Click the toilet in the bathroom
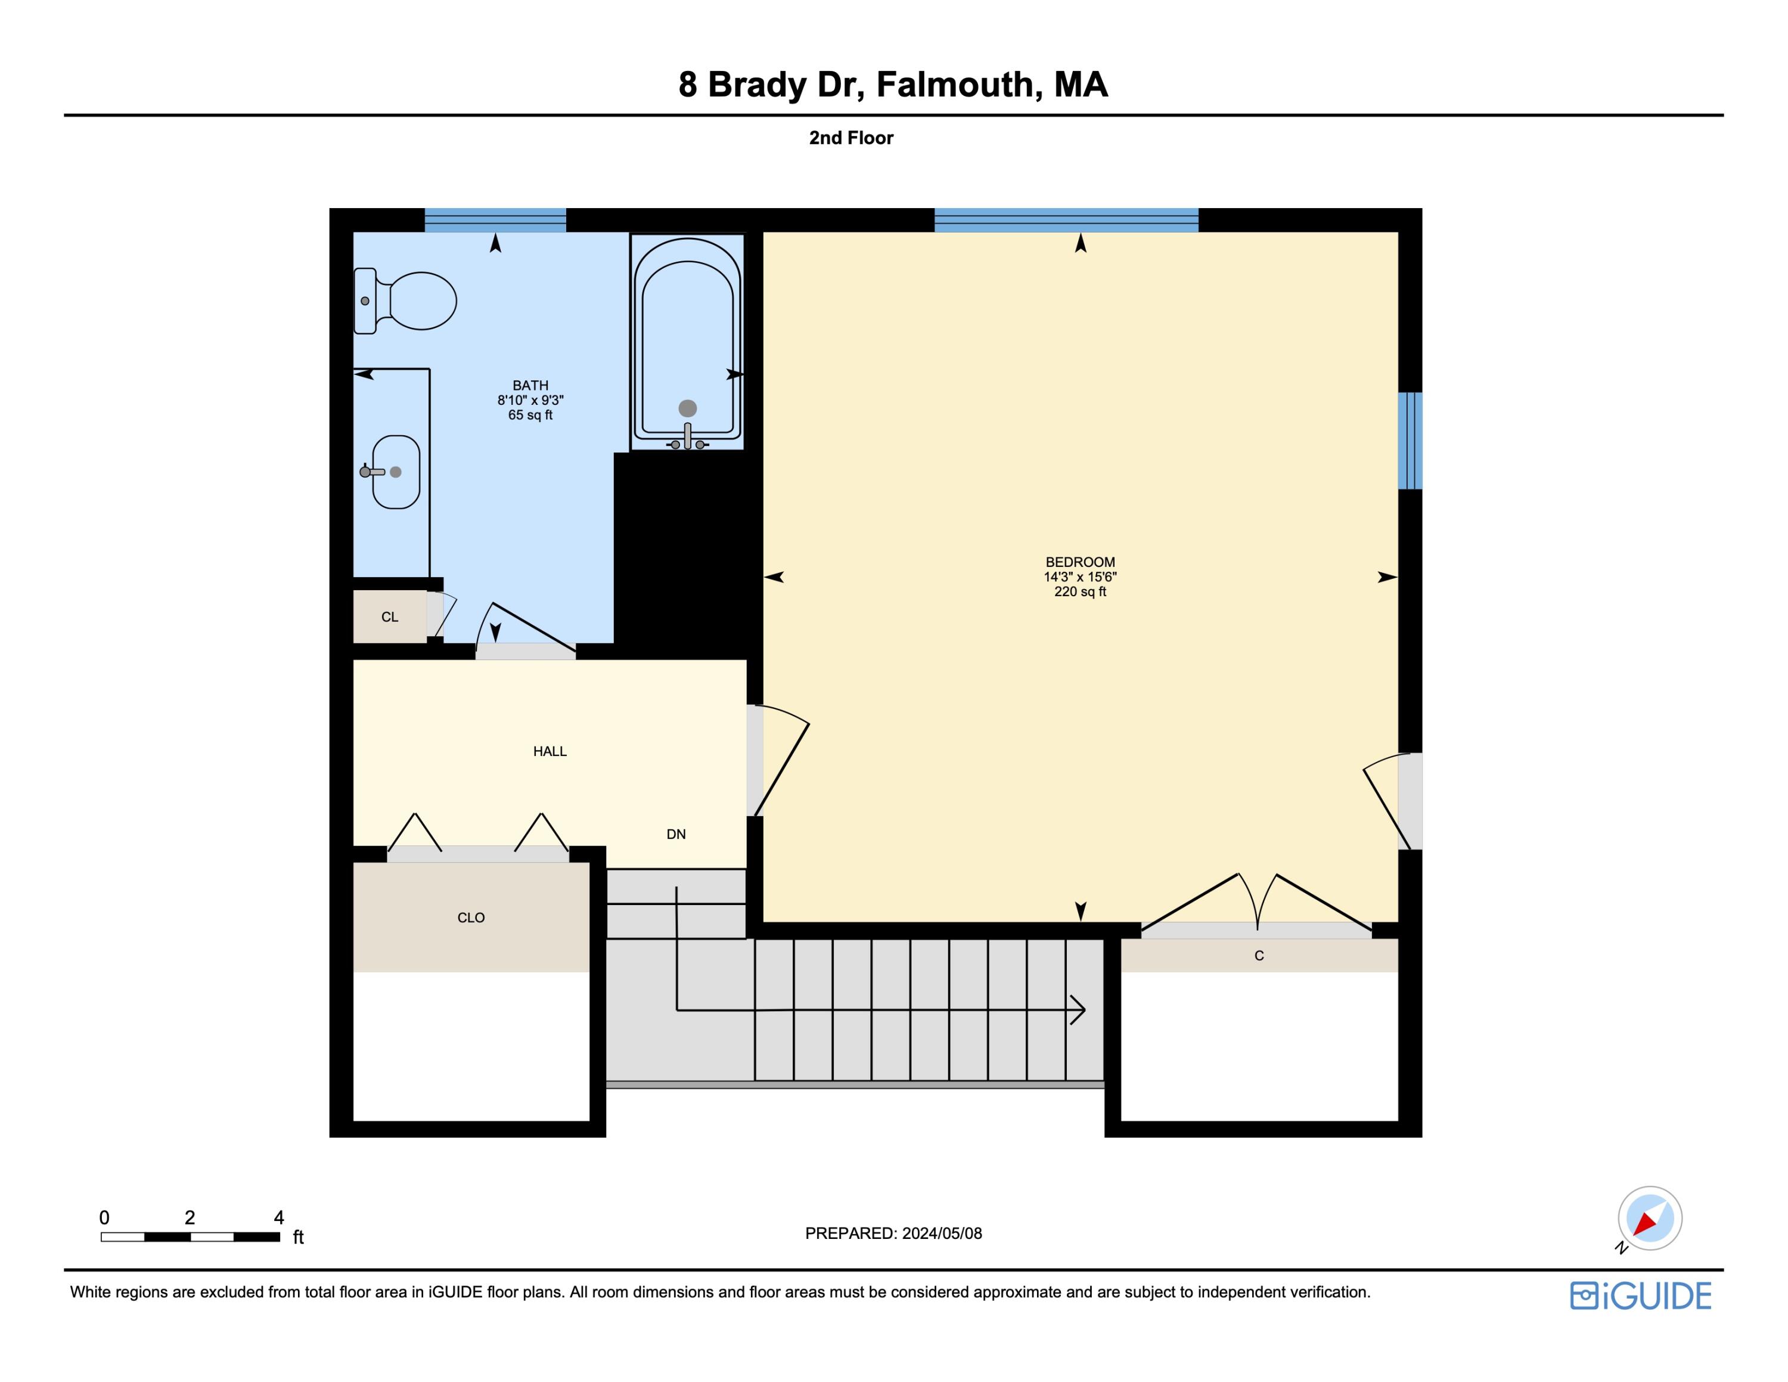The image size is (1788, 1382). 407,300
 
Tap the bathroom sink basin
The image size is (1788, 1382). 396,472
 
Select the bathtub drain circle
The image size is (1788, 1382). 688,408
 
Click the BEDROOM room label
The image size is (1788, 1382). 1080,562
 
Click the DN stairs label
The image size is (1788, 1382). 676,834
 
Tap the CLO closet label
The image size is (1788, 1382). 471,918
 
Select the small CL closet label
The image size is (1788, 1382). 390,617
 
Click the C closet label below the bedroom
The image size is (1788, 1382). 1259,956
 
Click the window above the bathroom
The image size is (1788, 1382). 495,220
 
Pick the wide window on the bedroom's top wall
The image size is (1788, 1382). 1066,220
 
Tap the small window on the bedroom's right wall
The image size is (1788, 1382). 1410,441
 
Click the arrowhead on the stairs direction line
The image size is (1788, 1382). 1079,1011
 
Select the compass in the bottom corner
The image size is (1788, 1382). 1650,1218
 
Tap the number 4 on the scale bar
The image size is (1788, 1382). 278,1217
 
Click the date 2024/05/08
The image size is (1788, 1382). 942,1233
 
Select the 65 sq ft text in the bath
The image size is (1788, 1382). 530,415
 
